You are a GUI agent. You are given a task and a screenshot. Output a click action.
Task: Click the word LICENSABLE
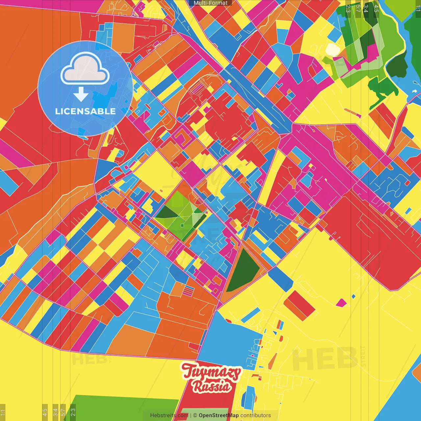(x=86, y=111)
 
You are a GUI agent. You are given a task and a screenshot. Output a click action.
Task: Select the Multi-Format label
(x=210, y=3)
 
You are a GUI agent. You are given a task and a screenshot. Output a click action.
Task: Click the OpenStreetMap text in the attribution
(x=219, y=415)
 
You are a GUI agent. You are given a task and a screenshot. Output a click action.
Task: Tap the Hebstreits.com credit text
(x=169, y=415)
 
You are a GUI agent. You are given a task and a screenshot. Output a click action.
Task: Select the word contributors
(x=256, y=415)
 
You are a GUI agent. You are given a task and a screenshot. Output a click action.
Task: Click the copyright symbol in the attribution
(x=195, y=415)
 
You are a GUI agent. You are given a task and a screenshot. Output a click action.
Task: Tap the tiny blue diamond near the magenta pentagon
(x=354, y=296)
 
